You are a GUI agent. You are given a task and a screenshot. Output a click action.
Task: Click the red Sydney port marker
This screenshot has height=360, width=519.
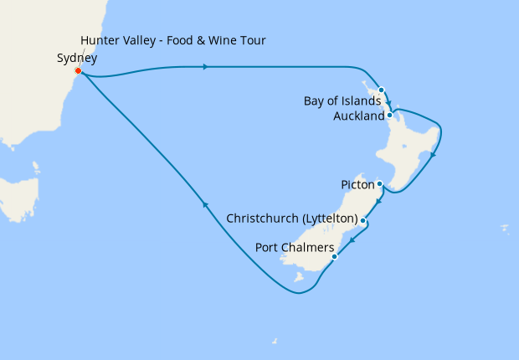tap(78, 71)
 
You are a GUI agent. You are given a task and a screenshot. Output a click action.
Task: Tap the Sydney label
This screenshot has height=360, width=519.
tap(76, 59)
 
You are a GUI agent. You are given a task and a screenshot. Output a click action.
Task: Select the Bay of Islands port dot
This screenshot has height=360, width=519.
tap(381, 90)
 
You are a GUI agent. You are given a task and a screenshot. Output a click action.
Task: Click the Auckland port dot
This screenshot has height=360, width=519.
tap(390, 116)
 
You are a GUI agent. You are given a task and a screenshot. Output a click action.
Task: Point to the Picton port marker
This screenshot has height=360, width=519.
tap(379, 183)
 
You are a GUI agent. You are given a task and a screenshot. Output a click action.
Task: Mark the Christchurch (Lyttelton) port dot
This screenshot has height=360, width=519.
tap(362, 220)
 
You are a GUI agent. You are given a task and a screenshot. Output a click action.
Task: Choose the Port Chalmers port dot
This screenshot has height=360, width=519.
tap(334, 256)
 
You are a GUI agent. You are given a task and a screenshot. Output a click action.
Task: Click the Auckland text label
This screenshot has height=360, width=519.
tap(359, 116)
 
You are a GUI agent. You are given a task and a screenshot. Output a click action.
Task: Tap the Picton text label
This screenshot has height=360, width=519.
tap(358, 183)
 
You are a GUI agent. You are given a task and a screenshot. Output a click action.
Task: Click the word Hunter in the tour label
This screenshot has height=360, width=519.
tap(98, 41)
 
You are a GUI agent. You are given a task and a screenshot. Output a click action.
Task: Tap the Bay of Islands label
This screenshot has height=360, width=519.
tap(342, 102)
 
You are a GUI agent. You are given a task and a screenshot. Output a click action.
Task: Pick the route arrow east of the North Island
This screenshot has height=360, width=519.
tap(432, 155)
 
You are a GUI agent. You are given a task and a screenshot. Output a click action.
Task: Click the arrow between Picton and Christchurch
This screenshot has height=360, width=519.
tap(379, 203)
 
